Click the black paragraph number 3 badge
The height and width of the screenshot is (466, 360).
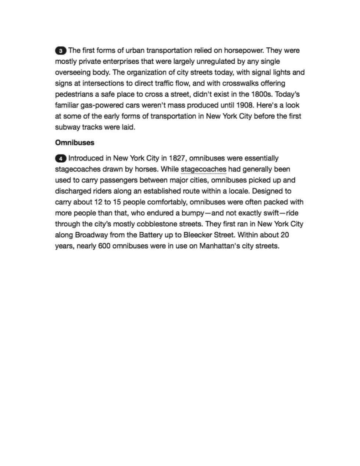(x=61, y=50)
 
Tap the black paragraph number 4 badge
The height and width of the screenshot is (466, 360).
(x=61, y=159)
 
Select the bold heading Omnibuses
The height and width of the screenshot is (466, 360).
(x=75, y=143)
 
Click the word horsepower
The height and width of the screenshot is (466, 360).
(x=244, y=50)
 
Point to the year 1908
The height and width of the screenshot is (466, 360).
(x=245, y=105)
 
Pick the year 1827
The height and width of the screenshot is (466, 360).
(x=178, y=159)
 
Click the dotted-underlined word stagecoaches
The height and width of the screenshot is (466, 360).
(x=203, y=169)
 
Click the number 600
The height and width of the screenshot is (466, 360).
(x=104, y=246)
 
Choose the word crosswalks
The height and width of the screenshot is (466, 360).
(x=239, y=84)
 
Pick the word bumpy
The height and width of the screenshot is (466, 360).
(x=192, y=213)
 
